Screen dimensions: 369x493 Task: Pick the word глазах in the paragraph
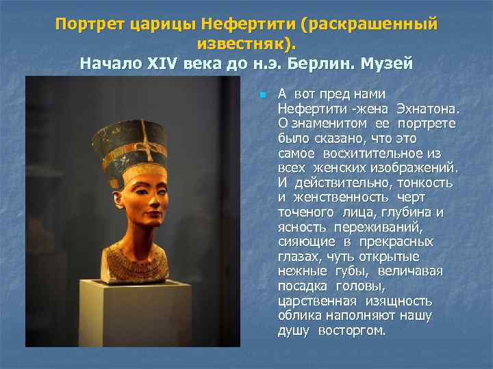[296, 257]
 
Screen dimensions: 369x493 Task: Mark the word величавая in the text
[410, 271]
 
